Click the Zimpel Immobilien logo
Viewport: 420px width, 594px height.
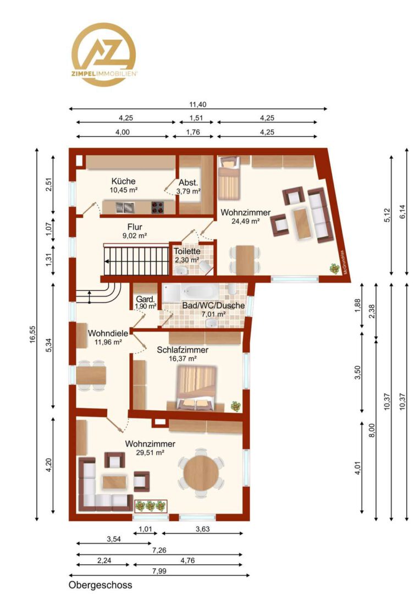pyautogui.click(x=104, y=54)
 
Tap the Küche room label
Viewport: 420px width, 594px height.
pyautogui.click(x=124, y=181)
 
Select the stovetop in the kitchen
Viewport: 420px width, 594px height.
pyautogui.click(x=158, y=207)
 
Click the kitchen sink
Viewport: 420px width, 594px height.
pyautogui.click(x=125, y=207)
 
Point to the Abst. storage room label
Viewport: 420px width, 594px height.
pyautogui.click(x=188, y=182)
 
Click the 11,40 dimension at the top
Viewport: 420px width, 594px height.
pyautogui.click(x=198, y=105)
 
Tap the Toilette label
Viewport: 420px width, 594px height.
pyautogui.click(x=187, y=251)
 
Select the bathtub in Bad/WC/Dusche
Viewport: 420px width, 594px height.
pyautogui.click(x=191, y=293)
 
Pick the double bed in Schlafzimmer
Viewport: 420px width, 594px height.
pyautogui.click(x=196, y=388)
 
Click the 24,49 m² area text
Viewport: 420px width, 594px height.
pyautogui.click(x=245, y=221)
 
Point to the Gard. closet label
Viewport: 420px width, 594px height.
pyautogui.click(x=146, y=299)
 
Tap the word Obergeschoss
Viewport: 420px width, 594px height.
pyautogui.click(x=101, y=585)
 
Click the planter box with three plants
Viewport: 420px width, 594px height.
pyautogui.click(x=151, y=506)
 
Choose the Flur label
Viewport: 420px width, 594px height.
pyautogui.click(x=135, y=227)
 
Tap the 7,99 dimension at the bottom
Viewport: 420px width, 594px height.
pyautogui.click(x=159, y=571)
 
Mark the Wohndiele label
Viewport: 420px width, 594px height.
pyautogui.click(x=108, y=333)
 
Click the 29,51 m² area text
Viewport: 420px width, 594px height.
pyautogui.click(x=150, y=452)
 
